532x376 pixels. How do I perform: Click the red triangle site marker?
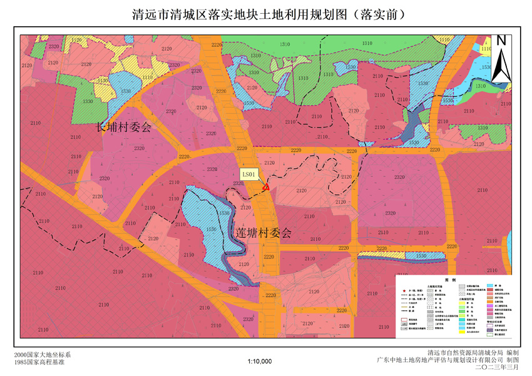click(x=266, y=186)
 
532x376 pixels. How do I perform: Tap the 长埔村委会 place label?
click(x=123, y=126)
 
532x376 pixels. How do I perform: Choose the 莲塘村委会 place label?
click(x=263, y=233)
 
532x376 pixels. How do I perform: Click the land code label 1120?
click(x=77, y=40)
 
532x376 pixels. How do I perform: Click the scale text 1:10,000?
click(x=260, y=361)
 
